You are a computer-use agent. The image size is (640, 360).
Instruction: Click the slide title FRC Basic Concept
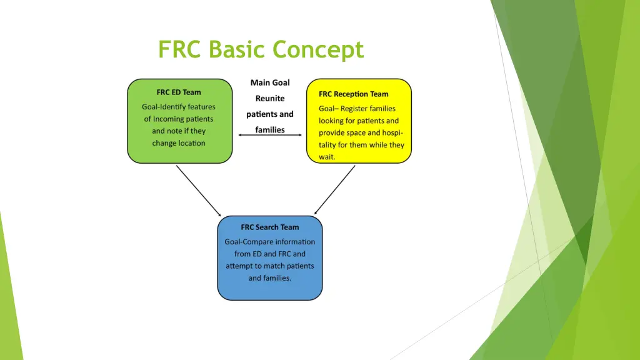pyautogui.click(x=261, y=49)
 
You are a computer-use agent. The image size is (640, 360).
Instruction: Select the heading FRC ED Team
pyautogui.click(x=179, y=92)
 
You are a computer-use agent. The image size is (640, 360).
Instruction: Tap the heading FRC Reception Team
pyautogui.click(x=353, y=94)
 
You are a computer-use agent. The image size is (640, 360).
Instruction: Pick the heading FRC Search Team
pyautogui.click(x=270, y=227)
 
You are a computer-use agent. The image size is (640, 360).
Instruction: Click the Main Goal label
pyautogui.click(x=270, y=82)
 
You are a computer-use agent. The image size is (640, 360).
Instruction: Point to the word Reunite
pyautogui.click(x=270, y=98)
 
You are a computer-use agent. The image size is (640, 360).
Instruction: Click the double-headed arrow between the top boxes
pyautogui.click(x=270, y=134)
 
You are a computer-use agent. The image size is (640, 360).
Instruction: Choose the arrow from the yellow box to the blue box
pyautogui.click(x=334, y=190)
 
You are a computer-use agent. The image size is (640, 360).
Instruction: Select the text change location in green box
pyautogui.click(x=179, y=143)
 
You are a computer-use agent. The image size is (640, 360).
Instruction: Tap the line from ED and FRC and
pyautogui.click(x=270, y=254)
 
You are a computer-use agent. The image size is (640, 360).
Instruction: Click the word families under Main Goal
pyautogui.click(x=270, y=130)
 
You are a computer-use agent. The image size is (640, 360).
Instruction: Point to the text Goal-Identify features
pyautogui.click(x=179, y=107)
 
